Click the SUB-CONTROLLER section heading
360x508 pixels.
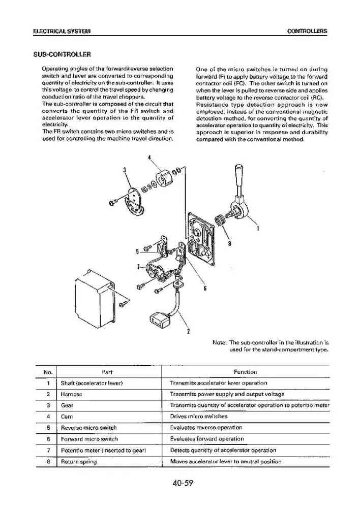pyautogui.click(x=62, y=54)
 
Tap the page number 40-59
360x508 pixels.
pyautogui.click(x=183, y=483)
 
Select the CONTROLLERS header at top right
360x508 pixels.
pyautogui.click(x=307, y=31)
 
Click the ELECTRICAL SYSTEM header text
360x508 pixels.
pyautogui.click(x=62, y=31)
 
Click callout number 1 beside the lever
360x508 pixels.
pyautogui.click(x=258, y=229)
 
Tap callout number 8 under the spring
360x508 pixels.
pyautogui.click(x=230, y=244)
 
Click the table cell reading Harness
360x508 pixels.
pyautogui.click(x=71, y=394)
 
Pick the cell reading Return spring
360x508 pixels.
pyautogui.click(x=79, y=462)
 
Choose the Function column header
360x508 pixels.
pyautogui.click(x=245, y=372)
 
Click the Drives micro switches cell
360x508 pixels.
pyautogui.click(x=199, y=417)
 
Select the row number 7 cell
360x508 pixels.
pyautogui.click(x=48, y=450)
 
